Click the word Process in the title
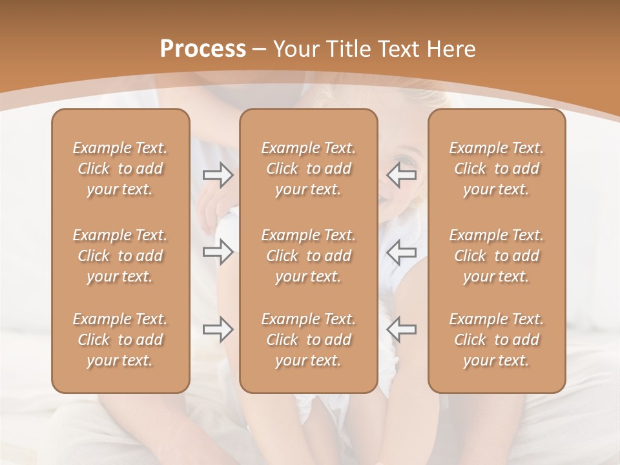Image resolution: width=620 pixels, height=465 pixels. tap(203, 49)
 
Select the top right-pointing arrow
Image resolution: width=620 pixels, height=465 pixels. tap(218, 175)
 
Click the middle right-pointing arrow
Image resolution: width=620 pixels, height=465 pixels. tap(218, 252)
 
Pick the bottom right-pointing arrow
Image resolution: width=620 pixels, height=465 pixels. tap(218, 329)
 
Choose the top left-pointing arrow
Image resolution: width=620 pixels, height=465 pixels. tap(401, 175)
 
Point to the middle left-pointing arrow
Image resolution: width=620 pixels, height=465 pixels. tap(401, 252)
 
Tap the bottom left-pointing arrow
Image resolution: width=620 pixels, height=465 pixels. tap(401, 329)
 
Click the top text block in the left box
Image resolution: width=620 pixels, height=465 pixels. tap(120, 169)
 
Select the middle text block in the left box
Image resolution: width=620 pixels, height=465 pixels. tap(120, 256)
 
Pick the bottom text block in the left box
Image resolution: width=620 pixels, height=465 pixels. tap(120, 340)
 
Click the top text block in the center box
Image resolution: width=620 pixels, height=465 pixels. tap(308, 169)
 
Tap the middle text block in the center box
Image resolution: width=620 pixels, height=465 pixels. tap(308, 256)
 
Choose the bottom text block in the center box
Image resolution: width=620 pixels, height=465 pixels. tap(308, 340)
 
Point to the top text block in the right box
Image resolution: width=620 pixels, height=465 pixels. tap(496, 169)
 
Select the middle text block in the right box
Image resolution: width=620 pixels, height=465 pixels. tap(496, 256)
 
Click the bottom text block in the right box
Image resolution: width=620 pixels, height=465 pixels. tap(496, 340)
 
